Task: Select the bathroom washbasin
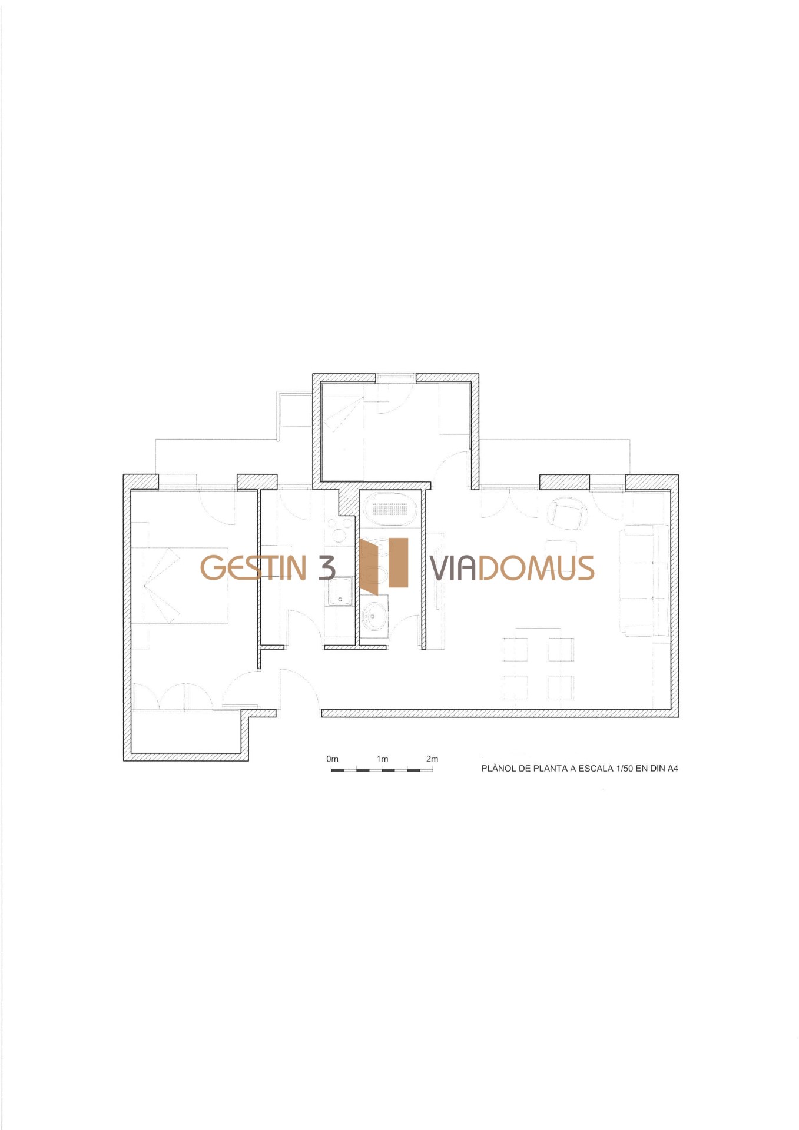click(374, 615)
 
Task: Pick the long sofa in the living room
click(644, 580)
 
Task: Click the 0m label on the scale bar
click(332, 759)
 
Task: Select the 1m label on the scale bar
click(382, 759)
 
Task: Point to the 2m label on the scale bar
click(432, 759)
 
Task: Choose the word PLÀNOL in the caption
click(498, 768)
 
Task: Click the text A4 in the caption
click(672, 768)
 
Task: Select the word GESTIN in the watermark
click(253, 567)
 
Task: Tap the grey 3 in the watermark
click(327, 567)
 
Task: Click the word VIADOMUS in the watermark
click(512, 567)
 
